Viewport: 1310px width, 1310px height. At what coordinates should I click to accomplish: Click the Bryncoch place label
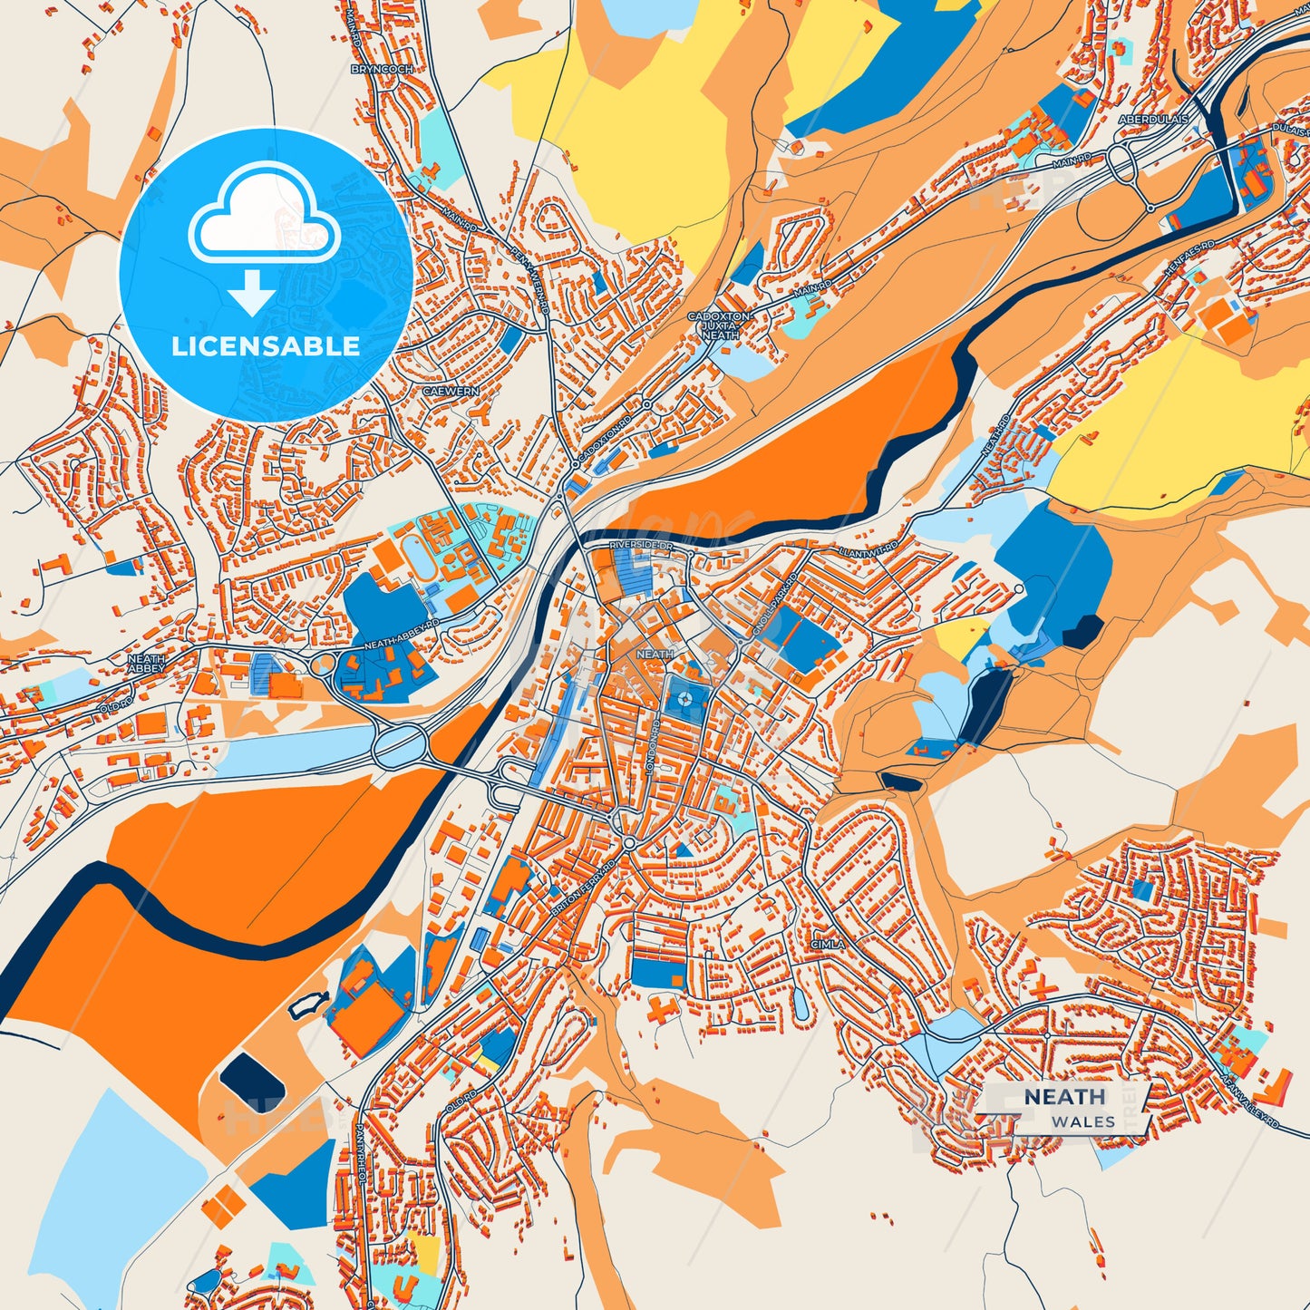click(x=382, y=69)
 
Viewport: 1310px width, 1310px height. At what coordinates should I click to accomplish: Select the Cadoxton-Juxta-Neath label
click(x=719, y=325)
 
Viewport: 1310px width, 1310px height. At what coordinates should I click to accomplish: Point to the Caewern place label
click(x=451, y=392)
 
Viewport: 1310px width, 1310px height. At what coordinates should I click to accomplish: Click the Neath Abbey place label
click(x=146, y=664)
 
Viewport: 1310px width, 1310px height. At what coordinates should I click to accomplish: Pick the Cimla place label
click(x=828, y=944)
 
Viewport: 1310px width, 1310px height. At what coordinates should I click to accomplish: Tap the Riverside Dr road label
click(x=642, y=544)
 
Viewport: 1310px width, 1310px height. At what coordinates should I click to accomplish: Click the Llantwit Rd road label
click(x=868, y=549)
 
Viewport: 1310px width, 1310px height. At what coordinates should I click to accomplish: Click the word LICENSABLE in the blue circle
click(x=266, y=345)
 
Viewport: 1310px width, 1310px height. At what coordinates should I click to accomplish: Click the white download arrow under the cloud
click(x=252, y=294)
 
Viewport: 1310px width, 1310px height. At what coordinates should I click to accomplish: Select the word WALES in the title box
click(x=1083, y=1121)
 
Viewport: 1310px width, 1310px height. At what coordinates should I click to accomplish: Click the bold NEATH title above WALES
click(x=1065, y=1097)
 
